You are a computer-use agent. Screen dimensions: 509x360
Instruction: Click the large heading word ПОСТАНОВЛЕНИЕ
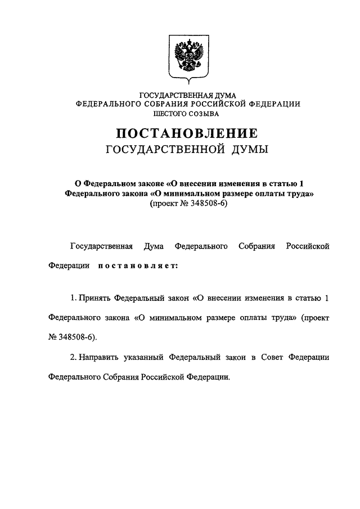(x=187, y=134)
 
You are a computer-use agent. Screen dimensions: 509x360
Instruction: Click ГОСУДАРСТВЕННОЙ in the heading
(x=163, y=150)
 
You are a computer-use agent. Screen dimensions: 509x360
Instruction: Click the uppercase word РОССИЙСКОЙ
(x=223, y=105)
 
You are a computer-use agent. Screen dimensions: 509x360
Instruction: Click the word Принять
(x=95, y=297)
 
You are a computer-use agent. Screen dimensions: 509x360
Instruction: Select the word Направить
(x=100, y=357)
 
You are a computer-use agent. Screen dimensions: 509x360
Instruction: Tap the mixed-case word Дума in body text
(x=154, y=246)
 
